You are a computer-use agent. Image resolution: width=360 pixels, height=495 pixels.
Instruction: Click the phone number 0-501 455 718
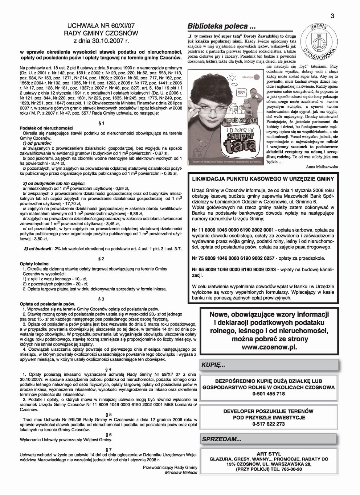269,393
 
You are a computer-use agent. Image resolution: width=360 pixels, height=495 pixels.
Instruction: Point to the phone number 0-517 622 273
269,424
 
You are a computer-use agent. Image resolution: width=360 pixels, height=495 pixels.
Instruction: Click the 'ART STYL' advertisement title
269,454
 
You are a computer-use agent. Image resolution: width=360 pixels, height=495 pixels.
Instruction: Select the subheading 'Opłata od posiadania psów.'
48,304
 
